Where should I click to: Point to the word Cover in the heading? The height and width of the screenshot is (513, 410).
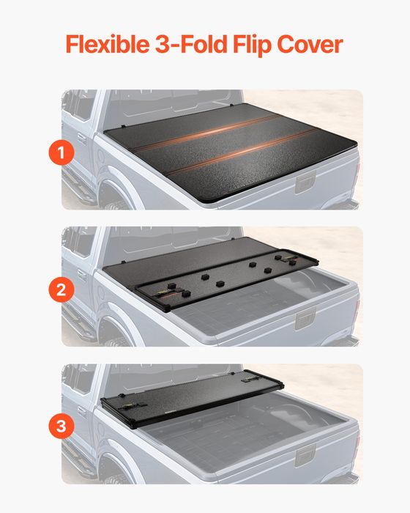click(x=313, y=44)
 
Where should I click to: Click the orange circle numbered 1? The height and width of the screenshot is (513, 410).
click(x=63, y=152)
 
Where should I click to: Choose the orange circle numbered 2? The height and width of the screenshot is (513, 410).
click(x=63, y=289)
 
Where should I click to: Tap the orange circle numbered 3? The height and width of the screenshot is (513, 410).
click(x=63, y=424)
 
